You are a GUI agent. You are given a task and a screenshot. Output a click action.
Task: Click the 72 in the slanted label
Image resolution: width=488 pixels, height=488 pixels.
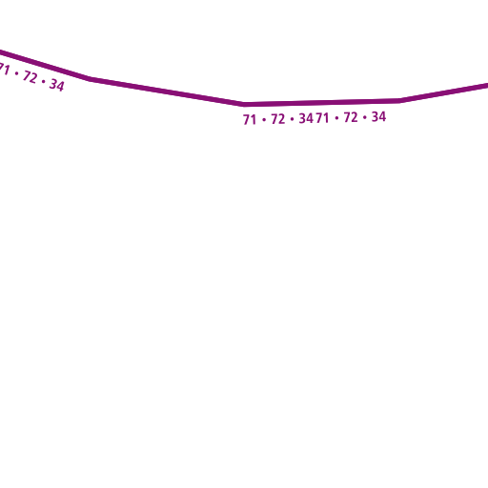point(30,77)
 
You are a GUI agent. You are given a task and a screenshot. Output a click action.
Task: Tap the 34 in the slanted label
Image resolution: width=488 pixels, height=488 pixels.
point(57,85)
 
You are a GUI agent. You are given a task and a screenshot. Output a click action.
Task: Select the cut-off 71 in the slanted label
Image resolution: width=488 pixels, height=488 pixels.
point(4,69)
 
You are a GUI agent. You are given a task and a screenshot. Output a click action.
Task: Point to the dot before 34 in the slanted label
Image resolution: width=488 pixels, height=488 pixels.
point(44,81)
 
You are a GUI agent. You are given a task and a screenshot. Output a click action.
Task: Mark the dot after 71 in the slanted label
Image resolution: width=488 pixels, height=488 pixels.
point(16,73)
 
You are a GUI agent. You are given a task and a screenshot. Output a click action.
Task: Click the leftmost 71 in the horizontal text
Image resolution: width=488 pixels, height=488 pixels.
point(250,120)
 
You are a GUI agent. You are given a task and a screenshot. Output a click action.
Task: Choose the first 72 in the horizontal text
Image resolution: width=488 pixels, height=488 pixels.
point(278,119)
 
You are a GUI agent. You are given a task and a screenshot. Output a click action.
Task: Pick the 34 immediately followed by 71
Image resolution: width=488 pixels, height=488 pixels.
point(306,118)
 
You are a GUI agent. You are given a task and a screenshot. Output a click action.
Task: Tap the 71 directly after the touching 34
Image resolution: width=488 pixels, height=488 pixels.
point(322,118)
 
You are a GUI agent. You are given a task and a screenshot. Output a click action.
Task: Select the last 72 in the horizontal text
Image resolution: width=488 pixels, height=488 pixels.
point(351,117)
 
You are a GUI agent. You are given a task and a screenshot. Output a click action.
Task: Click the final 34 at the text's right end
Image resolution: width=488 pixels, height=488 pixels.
point(378,116)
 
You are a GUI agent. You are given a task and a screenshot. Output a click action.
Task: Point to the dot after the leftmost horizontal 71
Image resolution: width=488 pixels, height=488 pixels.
point(264,120)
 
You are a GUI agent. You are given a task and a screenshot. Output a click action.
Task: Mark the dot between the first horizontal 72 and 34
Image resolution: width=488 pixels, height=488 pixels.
point(292,119)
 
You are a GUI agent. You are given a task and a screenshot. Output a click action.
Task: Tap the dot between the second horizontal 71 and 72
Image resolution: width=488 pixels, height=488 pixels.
point(336,118)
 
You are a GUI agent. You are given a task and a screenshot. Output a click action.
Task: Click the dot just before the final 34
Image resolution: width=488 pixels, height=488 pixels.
point(364,117)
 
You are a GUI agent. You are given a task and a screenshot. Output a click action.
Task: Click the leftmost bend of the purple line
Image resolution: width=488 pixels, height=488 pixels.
point(90,78)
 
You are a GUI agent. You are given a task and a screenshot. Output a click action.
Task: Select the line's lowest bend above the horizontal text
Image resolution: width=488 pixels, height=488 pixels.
point(243,104)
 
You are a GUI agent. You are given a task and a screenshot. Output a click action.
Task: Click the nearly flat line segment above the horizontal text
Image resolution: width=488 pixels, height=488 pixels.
point(322,102)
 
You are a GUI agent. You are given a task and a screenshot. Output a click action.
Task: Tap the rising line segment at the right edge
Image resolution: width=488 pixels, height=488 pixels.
point(444,92)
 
